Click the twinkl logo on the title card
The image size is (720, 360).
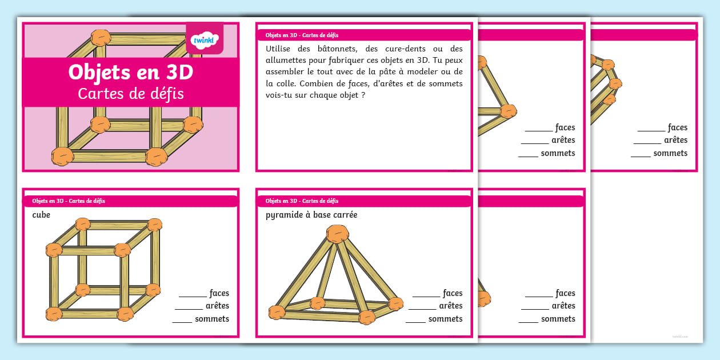[205, 39]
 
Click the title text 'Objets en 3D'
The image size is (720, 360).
[130, 73]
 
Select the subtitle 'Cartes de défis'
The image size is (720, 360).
[131, 93]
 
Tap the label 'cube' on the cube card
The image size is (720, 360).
[41, 215]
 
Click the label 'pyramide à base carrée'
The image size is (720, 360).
[311, 215]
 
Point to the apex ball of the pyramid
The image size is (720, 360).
[337, 234]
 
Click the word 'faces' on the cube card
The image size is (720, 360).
[219, 293]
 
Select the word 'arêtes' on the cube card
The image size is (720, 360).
[217, 306]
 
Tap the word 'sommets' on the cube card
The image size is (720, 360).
[212, 319]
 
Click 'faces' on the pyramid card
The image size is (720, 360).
[453, 293]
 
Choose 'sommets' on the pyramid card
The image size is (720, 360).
[445, 319]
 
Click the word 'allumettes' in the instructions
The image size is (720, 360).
[285, 60]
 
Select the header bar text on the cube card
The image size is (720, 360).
[69, 201]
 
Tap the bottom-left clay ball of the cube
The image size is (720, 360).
[54, 314]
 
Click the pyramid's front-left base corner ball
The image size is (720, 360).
[277, 312]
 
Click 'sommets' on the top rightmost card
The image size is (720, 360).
[670, 153]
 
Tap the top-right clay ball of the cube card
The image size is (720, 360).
[155, 225]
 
